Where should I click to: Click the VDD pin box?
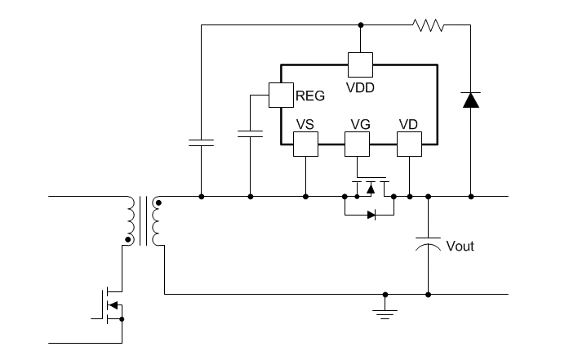[x=360, y=64]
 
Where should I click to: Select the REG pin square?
[x=281, y=95]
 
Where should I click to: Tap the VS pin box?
[x=305, y=144]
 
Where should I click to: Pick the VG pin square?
[x=357, y=144]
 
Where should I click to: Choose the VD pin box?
[x=409, y=144]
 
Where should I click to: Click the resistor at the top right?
[x=429, y=25]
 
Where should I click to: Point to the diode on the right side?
[x=470, y=100]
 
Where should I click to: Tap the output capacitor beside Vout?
[x=428, y=244]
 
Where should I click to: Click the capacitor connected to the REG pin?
[x=250, y=133]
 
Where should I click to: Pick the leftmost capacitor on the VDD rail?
[x=201, y=144]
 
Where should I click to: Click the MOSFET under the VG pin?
[x=370, y=187]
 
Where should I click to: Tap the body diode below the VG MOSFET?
[x=371, y=216]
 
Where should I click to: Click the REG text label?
[x=310, y=96]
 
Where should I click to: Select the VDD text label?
[x=360, y=87]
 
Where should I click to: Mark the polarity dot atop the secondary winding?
[x=158, y=202]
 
